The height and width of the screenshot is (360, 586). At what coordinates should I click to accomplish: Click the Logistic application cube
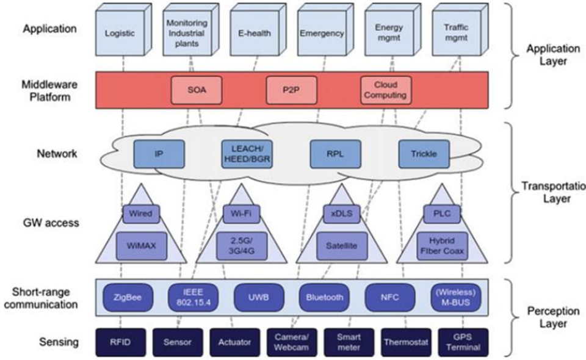(x=120, y=34)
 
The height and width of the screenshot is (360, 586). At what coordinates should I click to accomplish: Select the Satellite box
(x=341, y=246)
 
